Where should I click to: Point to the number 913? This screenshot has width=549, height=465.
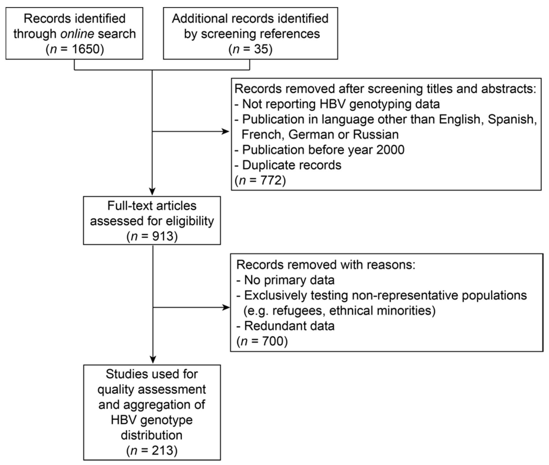[163, 236]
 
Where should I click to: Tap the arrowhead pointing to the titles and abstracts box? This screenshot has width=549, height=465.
[226, 131]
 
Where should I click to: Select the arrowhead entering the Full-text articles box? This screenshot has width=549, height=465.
[152, 192]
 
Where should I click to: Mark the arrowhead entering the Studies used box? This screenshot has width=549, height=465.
[153, 360]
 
